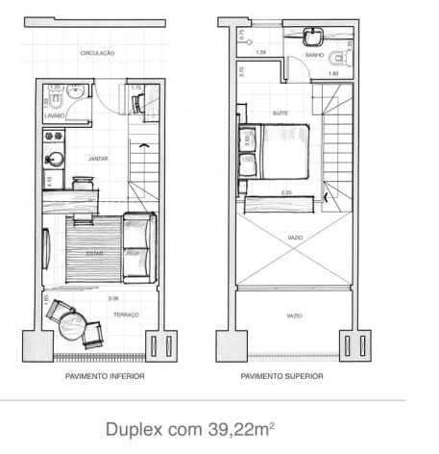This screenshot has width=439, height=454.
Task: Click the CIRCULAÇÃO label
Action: [98, 54]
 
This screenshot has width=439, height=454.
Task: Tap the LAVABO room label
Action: [53, 116]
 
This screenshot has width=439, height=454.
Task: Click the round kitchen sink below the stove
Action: [54, 158]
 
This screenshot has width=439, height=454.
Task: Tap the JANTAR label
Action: [97, 156]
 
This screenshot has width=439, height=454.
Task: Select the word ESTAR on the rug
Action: [94, 255]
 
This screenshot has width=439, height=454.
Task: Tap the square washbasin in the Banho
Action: [313, 38]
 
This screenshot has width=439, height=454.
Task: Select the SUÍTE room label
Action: [280, 113]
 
